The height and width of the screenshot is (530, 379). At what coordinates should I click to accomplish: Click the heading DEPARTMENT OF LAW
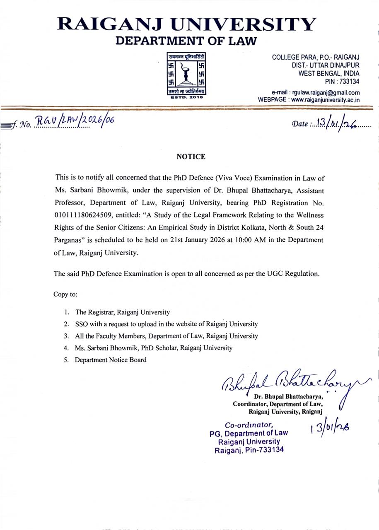click(186, 41)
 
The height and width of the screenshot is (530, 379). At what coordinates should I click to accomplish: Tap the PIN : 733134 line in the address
click(342, 82)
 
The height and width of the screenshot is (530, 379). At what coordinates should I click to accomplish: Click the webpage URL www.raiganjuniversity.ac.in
click(325, 100)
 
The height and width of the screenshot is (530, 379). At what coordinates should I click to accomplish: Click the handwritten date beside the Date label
click(336, 123)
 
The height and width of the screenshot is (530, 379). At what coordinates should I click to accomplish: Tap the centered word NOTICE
click(191, 157)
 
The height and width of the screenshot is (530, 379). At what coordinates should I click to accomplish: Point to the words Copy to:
click(65, 294)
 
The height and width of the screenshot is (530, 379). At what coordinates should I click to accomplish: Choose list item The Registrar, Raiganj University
click(122, 312)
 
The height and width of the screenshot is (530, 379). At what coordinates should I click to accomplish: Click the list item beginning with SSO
click(166, 324)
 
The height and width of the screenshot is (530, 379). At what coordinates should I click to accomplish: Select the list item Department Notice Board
click(111, 360)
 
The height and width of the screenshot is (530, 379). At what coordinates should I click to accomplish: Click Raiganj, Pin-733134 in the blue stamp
click(249, 450)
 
